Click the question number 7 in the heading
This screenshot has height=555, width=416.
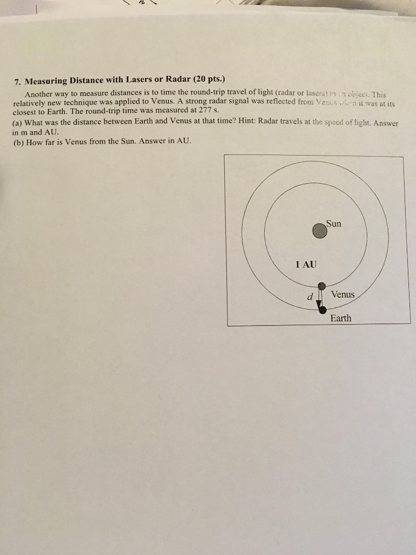tap(17, 82)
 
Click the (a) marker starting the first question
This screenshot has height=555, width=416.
tap(17, 122)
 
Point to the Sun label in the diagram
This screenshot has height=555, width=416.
tap(334, 223)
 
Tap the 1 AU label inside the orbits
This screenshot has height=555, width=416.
tap(306, 264)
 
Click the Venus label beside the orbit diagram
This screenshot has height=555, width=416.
tap(342, 294)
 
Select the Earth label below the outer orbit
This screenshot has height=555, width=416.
tap(341, 318)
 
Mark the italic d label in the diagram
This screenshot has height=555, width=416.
tap(309, 296)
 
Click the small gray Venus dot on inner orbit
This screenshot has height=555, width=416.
tap(321, 286)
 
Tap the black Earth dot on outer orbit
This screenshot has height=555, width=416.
tap(322, 310)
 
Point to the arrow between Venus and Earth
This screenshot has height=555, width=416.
tap(320, 299)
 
